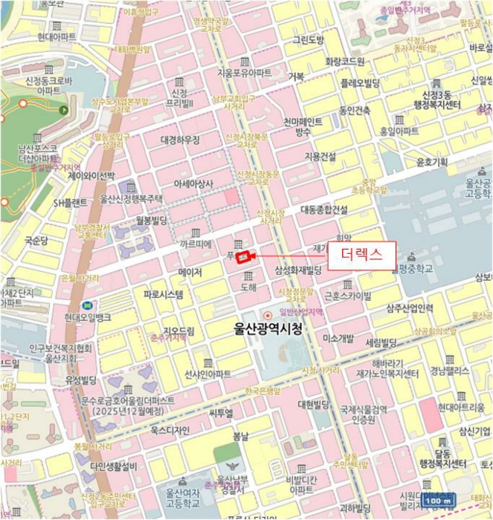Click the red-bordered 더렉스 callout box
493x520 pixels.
(361, 255)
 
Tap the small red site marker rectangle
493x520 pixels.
(242, 258)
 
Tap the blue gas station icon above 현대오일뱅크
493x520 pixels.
(87, 305)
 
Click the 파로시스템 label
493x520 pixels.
(164, 294)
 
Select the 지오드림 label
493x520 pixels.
(178, 331)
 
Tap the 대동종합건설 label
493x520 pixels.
(323, 210)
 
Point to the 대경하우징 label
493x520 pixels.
(180, 140)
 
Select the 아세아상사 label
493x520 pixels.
(193, 183)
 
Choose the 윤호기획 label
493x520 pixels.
(431, 162)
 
